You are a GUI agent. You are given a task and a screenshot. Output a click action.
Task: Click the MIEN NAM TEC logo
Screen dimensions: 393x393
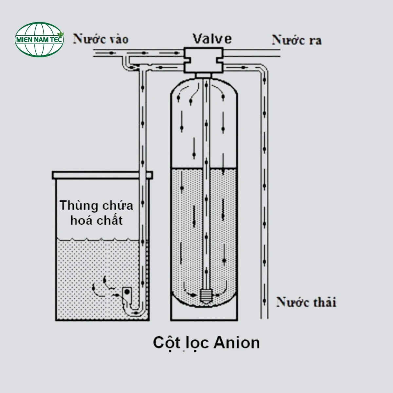39,39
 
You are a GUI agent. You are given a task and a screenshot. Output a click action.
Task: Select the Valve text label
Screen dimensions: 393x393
212,39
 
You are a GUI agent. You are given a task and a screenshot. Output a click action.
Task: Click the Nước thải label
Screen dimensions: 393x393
306,302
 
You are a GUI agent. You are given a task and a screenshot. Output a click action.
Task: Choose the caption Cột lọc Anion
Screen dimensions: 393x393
206,343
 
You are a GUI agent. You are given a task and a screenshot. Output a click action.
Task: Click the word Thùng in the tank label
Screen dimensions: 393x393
79,206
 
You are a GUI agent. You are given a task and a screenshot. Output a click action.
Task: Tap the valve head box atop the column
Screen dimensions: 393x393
203,60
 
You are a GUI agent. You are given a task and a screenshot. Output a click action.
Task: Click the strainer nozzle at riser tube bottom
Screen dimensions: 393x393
205,296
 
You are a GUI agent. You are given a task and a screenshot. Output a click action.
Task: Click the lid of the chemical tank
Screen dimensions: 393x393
102,175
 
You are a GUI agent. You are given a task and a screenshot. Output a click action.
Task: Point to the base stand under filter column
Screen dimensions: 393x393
204,313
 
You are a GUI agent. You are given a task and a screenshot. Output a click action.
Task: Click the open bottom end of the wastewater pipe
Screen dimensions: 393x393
264,317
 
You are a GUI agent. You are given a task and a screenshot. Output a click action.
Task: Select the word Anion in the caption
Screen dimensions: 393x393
236,343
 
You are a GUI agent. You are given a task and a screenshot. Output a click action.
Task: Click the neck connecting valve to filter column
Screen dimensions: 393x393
203,76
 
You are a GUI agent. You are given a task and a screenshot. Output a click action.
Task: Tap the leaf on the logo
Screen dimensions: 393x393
60,34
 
